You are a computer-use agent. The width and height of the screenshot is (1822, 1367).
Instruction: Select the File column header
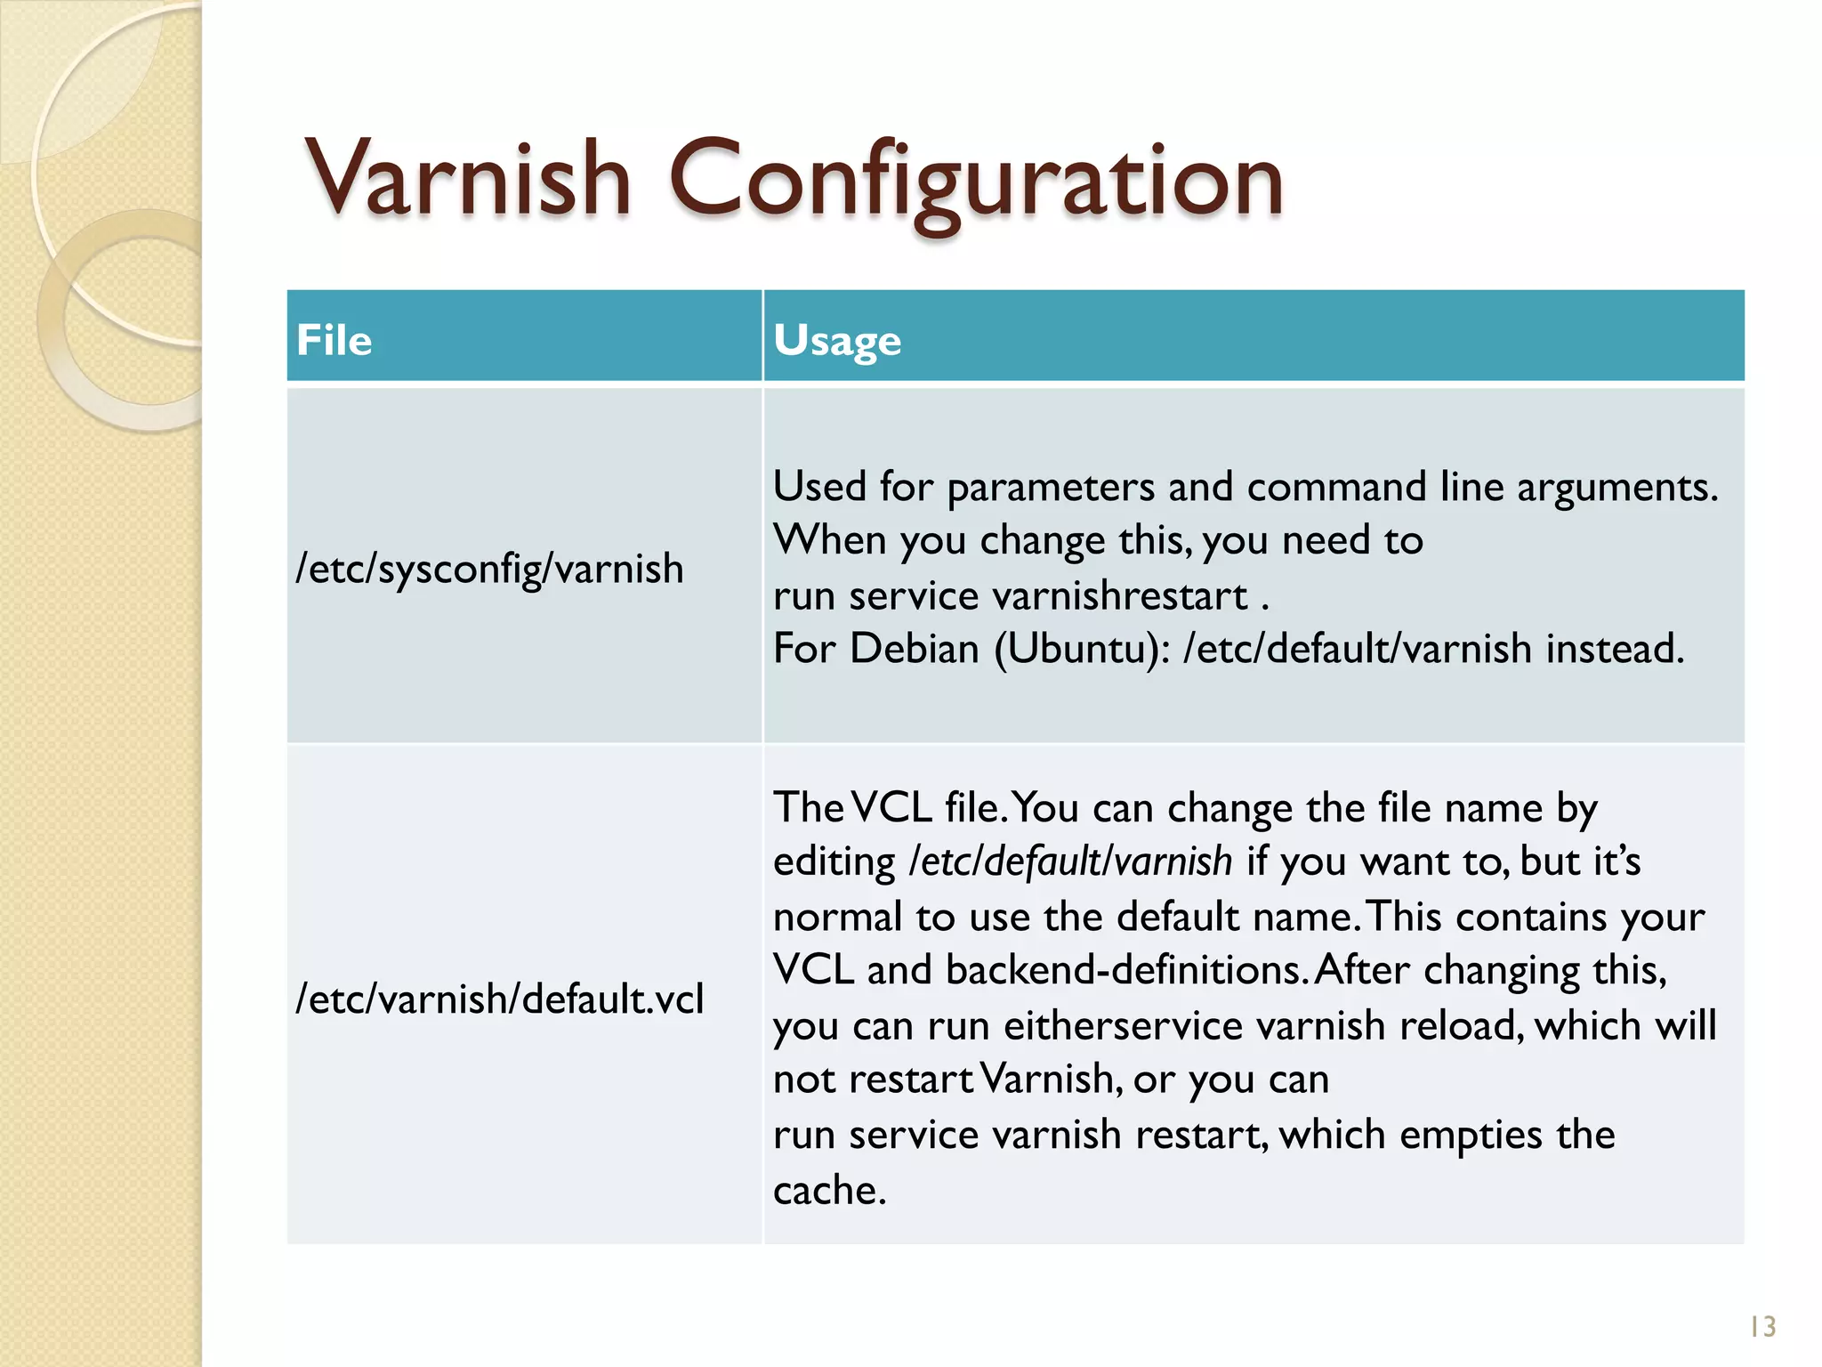click(x=335, y=341)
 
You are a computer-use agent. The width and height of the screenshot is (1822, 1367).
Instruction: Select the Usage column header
click(x=837, y=341)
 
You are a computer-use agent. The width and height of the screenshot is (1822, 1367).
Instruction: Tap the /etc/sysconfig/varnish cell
click(x=489, y=569)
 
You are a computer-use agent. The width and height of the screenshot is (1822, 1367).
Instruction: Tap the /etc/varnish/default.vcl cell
click(x=499, y=999)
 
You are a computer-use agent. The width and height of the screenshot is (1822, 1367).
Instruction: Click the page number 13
click(x=1762, y=1327)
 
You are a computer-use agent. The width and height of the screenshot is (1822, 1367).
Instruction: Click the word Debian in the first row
click(x=914, y=649)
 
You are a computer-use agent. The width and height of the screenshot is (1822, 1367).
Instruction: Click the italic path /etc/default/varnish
click(x=1070, y=861)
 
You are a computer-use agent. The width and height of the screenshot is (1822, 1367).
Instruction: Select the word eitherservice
click(x=1123, y=1025)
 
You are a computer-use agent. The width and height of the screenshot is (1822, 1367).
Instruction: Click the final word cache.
click(x=829, y=1190)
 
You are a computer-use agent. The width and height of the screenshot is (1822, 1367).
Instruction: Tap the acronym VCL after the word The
click(x=891, y=808)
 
